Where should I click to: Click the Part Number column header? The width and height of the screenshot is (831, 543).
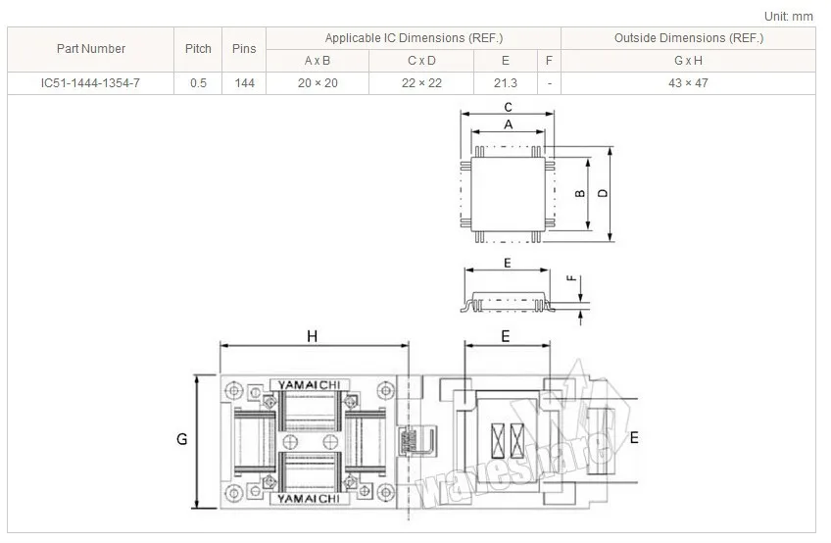90,49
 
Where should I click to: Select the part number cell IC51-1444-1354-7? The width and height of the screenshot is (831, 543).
90,83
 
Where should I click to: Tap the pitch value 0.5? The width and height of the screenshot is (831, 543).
198,83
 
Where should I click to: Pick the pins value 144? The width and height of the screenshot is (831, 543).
244,83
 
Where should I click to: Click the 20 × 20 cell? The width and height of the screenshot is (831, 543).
318,83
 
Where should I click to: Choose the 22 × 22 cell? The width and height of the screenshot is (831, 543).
421,83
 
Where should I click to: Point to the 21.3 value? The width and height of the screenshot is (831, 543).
506,83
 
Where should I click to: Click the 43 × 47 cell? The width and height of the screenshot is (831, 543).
689,83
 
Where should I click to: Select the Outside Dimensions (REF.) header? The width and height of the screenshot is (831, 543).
689,38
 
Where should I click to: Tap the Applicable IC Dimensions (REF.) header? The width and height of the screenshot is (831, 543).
414,38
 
